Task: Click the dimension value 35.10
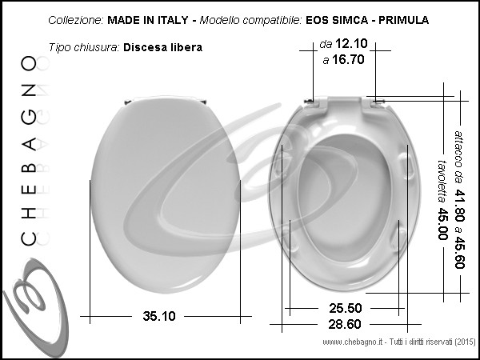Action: [x=159, y=316]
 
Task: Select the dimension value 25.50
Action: [x=346, y=308]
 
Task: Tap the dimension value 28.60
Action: [x=345, y=324]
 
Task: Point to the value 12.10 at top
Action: [x=351, y=43]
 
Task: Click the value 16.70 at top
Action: [x=348, y=59]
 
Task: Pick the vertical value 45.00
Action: [x=442, y=224]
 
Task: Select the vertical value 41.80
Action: [x=459, y=206]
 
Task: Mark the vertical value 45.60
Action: [x=459, y=253]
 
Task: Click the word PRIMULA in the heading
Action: [x=403, y=20]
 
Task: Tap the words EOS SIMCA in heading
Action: [x=337, y=20]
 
